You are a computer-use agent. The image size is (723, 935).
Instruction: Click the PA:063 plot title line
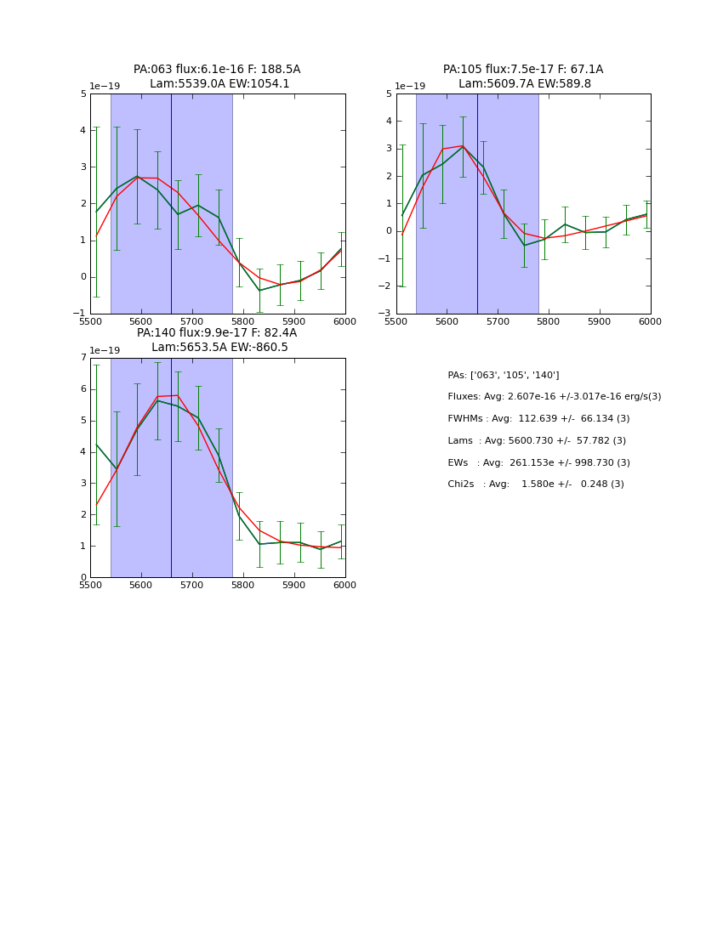coord(217,70)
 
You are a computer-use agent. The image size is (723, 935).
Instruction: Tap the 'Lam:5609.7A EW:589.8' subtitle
coord(523,84)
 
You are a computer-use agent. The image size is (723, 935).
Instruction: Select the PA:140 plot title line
coord(217,333)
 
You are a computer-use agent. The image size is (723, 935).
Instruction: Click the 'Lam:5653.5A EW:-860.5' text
coord(219,348)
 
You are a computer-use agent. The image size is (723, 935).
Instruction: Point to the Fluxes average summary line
coord(554,397)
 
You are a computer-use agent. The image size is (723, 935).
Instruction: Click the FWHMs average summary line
coord(538,419)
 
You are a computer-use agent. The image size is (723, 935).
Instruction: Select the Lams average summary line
coord(537,441)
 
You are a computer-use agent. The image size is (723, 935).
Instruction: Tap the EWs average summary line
coord(538,463)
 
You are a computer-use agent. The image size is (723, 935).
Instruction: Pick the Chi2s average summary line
coord(536,484)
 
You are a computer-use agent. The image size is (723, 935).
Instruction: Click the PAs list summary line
coord(504,376)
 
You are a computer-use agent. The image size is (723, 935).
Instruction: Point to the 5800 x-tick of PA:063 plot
coord(243,321)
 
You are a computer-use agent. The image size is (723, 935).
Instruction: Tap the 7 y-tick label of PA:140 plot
coord(83,358)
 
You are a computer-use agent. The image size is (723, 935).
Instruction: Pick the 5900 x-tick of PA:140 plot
coord(294,585)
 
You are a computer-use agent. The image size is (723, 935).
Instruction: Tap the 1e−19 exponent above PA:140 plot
coord(105,351)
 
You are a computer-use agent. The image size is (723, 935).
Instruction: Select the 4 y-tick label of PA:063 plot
coord(83,131)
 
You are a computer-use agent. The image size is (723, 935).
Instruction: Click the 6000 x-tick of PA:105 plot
coord(650,321)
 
